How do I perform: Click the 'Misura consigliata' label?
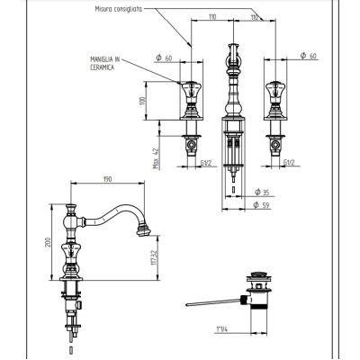tap(119, 9)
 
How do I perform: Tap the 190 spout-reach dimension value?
tap(107, 179)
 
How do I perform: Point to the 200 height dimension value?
tap(48, 242)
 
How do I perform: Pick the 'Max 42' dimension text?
tap(156, 158)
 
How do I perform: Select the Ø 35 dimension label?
tap(262, 193)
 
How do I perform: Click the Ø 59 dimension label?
tap(261, 205)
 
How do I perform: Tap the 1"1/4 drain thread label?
tap(221, 329)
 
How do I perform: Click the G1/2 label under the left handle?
tap(206, 163)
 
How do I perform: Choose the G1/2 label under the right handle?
tap(289, 163)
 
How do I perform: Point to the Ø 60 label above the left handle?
tap(164, 58)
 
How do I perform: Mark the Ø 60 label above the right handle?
tap(309, 56)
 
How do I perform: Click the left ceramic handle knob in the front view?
tap(192, 92)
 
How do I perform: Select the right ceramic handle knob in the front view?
tap(275, 92)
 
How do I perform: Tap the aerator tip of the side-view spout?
tap(143, 230)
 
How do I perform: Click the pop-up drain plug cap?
tap(258, 274)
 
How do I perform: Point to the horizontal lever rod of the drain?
tap(213, 302)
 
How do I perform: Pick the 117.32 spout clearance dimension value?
tap(154, 258)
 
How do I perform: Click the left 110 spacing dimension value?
tap(212, 17)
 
